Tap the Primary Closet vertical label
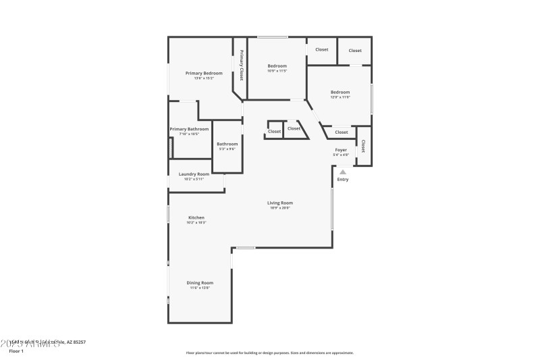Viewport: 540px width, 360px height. pos(241,65)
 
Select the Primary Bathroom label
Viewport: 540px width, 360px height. pos(189,129)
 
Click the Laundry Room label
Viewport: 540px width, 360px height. pos(194,174)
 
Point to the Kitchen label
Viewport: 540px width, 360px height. pos(196,217)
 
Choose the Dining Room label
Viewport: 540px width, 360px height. pos(200,282)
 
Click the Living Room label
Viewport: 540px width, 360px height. pos(280,203)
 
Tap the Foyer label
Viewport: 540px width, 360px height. pos(341,150)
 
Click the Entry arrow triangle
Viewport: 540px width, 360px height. pos(342,172)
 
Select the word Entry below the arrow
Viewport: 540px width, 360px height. pos(343,179)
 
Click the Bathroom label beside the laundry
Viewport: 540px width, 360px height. pos(227,144)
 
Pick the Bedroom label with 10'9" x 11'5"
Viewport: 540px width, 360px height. pos(277,66)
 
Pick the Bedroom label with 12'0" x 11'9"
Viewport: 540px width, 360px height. pos(340,92)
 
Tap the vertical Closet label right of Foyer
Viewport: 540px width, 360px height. pos(363,146)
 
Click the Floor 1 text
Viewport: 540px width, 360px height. pos(16,351)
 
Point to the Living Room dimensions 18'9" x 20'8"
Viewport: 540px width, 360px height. pos(280,208)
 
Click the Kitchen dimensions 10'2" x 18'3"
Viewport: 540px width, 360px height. pos(196,222)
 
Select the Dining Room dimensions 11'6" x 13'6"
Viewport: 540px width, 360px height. pos(200,288)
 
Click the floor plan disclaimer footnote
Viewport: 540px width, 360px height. pos(270,353)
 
